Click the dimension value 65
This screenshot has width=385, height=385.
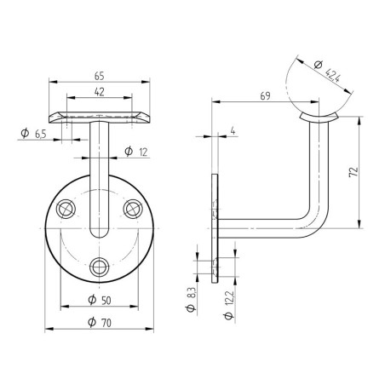tap(101, 75)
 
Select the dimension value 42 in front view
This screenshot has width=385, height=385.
tap(101, 92)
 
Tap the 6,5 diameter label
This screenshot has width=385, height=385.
tap(33, 132)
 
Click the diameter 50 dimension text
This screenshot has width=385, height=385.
tap(101, 301)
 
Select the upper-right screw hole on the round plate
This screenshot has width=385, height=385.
tap(132, 208)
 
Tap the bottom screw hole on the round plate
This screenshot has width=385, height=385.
tap(101, 265)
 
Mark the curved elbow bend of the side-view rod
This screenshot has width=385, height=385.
tap(317, 220)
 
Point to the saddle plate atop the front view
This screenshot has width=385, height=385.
tap(101, 115)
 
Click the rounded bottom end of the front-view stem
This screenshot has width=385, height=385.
tap(101, 233)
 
